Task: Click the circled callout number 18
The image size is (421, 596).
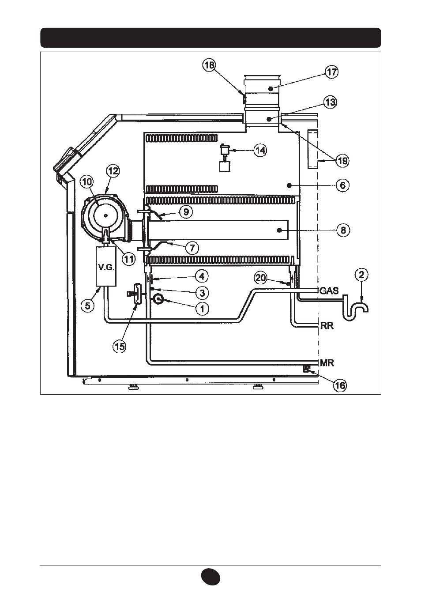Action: [x=209, y=65]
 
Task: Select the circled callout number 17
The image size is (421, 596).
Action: [x=332, y=72]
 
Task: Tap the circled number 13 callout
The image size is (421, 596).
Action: [x=330, y=102]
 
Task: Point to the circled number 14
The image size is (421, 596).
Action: [x=260, y=151]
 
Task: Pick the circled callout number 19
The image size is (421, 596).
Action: [x=342, y=161]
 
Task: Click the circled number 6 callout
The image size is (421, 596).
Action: [x=342, y=185]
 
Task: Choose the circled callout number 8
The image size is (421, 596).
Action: [x=343, y=230]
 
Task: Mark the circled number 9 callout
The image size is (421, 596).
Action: [x=186, y=211]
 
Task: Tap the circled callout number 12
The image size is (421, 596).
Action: [x=113, y=171]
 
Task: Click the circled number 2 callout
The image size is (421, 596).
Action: [x=361, y=275]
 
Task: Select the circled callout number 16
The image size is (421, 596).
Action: [x=340, y=385]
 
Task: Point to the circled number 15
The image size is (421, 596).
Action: [x=120, y=347]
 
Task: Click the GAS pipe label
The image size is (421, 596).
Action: [x=329, y=290]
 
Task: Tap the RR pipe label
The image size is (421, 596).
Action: [x=327, y=325]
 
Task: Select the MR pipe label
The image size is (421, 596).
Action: [x=327, y=362]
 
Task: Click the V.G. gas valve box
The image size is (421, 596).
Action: [x=106, y=266]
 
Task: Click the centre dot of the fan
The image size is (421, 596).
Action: [x=105, y=216]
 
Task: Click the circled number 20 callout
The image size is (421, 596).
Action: [x=260, y=278]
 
